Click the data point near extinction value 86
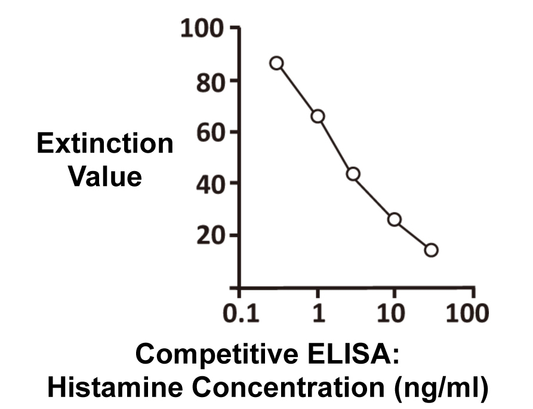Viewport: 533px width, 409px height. (276, 63)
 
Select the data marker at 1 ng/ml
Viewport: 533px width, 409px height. (318, 116)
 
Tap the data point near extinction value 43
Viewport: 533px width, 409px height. (353, 174)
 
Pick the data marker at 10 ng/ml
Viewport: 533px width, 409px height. (394, 219)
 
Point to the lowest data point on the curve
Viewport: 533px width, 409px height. (431, 250)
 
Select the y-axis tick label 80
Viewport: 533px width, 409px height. (209, 81)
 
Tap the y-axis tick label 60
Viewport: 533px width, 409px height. (209, 132)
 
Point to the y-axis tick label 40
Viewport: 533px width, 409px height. (209, 184)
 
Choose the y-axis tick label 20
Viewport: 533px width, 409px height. (209, 236)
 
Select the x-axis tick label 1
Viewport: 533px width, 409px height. (319, 313)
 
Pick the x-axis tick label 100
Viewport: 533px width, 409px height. (469, 313)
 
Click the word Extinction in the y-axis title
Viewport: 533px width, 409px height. (105, 144)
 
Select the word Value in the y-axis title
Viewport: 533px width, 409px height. (105, 176)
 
